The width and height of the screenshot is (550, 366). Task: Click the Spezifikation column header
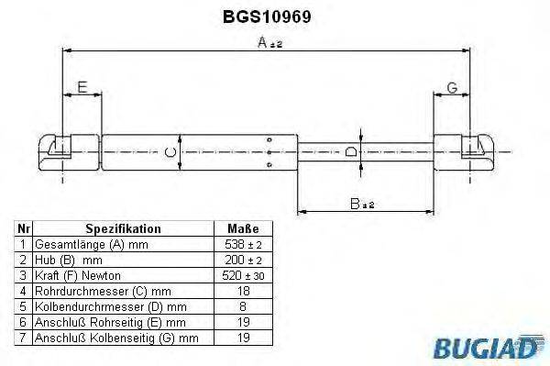pos(123,228)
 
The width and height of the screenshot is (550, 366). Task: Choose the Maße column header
pos(242,228)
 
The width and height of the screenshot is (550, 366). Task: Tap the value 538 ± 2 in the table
pos(242,245)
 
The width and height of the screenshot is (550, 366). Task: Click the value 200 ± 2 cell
pos(242,260)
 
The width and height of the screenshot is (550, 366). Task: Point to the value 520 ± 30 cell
pos(242,275)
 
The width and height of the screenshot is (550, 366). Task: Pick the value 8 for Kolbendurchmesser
pos(242,305)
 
